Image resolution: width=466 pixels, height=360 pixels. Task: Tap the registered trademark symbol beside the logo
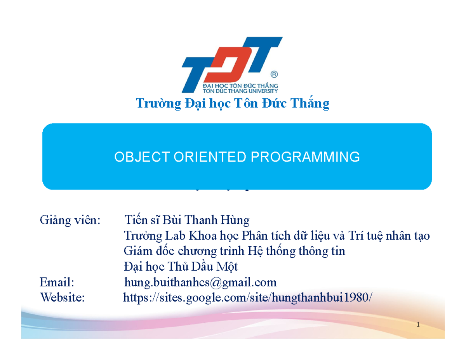pos(274,74)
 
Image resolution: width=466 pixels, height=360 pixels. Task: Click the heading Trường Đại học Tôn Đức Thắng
pos(232,104)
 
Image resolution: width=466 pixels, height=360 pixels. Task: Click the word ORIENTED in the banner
pos(204,157)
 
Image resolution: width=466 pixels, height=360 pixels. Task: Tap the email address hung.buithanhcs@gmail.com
pos(200,282)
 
